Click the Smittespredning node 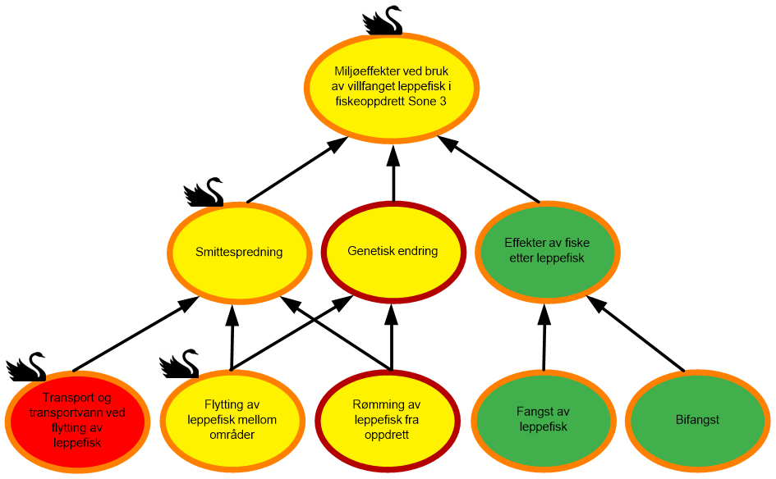click(239, 253)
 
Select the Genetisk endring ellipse click(393, 252)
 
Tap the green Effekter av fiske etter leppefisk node click(547, 251)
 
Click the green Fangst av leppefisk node click(543, 420)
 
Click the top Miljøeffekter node click(392, 86)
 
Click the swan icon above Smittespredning click(203, 192)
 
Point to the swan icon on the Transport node click(25, 367)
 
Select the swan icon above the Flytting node click(179, 363)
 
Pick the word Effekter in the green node click(526, 244)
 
